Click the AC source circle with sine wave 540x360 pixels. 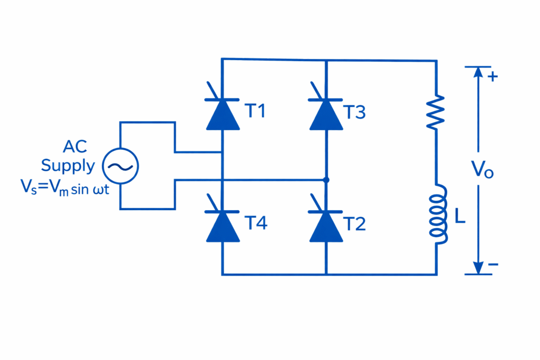click(x=120, y=166)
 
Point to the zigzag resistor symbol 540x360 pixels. click(x=437, y=112)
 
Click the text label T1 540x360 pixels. click(x=256, y=112)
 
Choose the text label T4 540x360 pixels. click(x=256, y=223)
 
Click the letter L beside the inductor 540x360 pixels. click(x=460, y=216)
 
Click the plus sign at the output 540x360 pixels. click(x=493, y=76)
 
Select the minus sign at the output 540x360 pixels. click(x=493, y=264)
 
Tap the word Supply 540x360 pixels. click(x=68, y=166)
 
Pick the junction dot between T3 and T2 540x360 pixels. click(x=326, y=180)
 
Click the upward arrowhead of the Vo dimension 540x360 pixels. click(x=478, y=73)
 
